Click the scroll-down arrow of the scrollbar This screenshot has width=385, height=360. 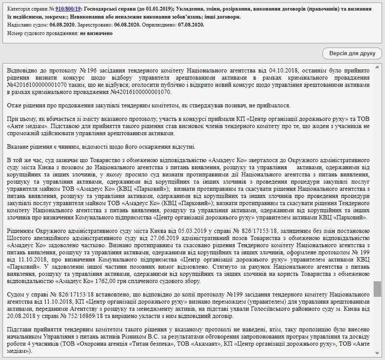[377, 356]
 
